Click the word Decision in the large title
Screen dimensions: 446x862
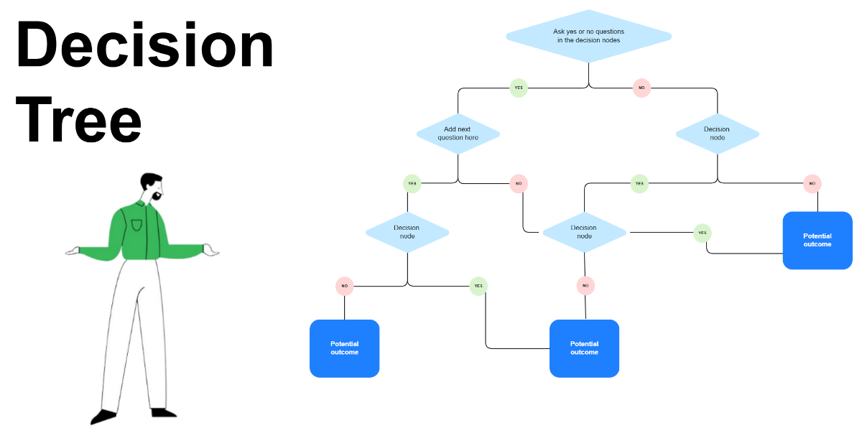click(144, 45)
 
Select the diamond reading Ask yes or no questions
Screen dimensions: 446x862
click(588, 36)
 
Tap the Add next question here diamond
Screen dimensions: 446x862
click(458, 134)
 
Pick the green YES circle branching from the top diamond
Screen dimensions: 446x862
click(518, 88)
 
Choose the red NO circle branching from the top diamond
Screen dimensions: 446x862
click(641, 88)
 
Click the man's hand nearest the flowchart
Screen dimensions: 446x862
click(210, 251)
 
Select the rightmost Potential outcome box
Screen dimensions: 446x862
click(817, 241)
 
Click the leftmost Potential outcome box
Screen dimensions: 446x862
click(344, 348)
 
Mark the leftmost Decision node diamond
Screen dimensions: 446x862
click(407, 232)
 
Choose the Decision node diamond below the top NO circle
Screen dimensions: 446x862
click(717, 134)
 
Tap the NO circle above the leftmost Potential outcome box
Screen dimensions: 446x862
click(345, 286)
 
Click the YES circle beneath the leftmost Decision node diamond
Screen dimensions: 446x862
click(478, 286)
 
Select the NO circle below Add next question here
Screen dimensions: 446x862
click(519, 184)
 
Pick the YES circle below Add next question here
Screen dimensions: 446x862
click(412, 183)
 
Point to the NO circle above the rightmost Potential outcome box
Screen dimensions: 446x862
click(812, 183)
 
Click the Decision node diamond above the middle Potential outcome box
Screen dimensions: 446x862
click(584, 232)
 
